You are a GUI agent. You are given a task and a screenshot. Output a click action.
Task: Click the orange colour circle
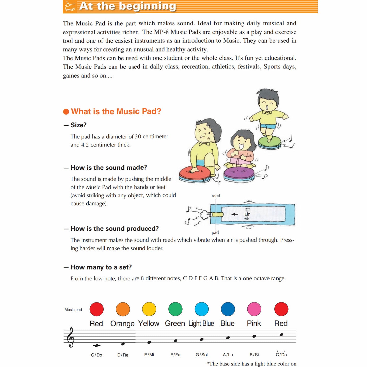tap(123, 309)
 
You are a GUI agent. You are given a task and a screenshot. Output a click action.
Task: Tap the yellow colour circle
tap(149, 309)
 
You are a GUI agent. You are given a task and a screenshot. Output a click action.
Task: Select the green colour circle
tap(175, 309)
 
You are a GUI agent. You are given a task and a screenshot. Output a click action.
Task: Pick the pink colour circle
tap(254, 309)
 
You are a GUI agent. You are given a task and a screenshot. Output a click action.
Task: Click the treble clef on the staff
tap(70, 337)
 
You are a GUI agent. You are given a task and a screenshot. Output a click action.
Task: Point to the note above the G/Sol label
tap(202, 339)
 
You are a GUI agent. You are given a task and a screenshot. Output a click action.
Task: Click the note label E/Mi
tap(149, 355)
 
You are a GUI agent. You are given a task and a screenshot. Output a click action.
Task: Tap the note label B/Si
tap(254, 355)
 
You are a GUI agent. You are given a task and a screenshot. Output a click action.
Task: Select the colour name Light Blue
tap(201, 324)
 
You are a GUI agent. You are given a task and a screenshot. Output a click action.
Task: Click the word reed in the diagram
tap(216, 196)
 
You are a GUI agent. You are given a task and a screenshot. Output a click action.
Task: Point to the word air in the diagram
tap(247, 214)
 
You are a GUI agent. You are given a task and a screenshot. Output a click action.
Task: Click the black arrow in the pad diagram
tap(235, 214)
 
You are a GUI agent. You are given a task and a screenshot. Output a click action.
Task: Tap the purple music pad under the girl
tap(239, 174)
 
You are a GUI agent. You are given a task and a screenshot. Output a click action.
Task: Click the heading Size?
tap(78, 125)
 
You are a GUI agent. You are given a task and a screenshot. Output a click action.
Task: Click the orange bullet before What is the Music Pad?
tap(66, 112)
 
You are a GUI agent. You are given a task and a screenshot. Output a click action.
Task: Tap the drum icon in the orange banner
tap(70, 6)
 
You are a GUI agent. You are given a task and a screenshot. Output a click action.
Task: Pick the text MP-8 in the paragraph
tap(161, 32)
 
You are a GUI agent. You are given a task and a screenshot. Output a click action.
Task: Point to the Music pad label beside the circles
tap(73, 310)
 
